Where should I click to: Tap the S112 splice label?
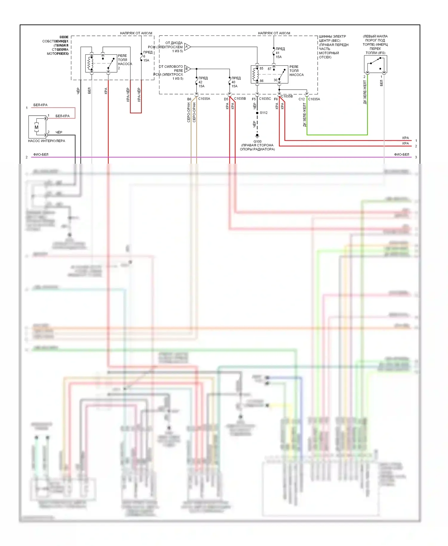pos(263,113)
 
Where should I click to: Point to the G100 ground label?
pos(257,141)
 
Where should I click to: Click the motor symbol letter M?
pos(36,127)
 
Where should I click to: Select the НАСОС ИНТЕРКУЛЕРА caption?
pos(46,141)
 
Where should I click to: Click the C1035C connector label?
pos(265,99)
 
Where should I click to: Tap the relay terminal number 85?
pos(261,68)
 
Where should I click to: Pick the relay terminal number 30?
pos(275,80)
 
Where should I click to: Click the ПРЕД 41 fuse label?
pos(280,53)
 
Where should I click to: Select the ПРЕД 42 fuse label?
pos(203,82)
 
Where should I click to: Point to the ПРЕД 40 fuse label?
pos(236,82)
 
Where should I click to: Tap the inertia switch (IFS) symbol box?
pos(375,64)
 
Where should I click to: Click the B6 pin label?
pos(189,99)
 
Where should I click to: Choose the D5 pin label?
pos(226,99)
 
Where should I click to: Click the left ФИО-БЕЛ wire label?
pos(41,154)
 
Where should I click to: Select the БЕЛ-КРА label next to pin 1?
pos(62,116)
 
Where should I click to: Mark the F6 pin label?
pos(276,99)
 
